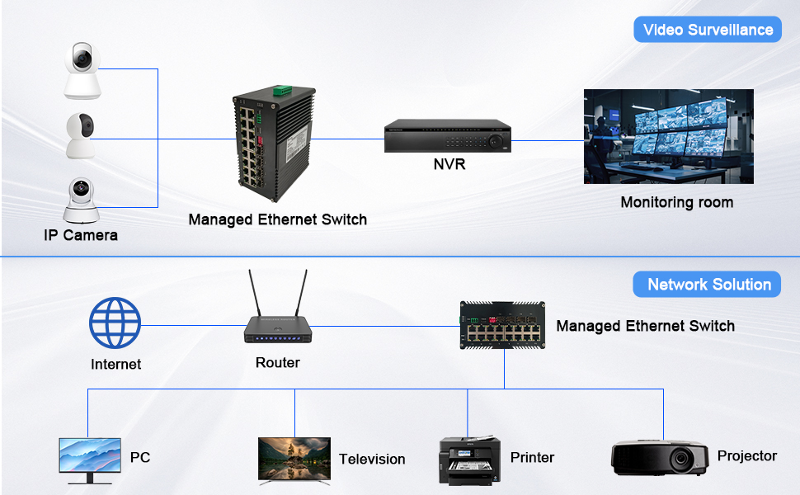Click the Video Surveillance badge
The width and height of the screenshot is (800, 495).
click(x=708, y=30)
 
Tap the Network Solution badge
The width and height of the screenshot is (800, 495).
click(x=708, y=285)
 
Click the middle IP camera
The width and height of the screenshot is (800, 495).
click(x=82, y=134)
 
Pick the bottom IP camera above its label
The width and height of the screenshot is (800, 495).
click(x=82, y=198)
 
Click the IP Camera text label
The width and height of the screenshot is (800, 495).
click(x=81, y=235)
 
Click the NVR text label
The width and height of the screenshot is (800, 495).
click(x=449, y=164)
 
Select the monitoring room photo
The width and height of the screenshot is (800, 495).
click(x=668, y=136)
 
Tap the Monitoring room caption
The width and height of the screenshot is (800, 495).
click(x=676, y=202)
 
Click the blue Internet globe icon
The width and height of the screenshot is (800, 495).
click(x=115, y=323)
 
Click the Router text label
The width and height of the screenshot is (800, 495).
click(x=278, y=363)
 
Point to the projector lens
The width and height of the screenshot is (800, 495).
click(x=680, y=460)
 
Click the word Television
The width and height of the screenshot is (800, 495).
click(x=372, y=459)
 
